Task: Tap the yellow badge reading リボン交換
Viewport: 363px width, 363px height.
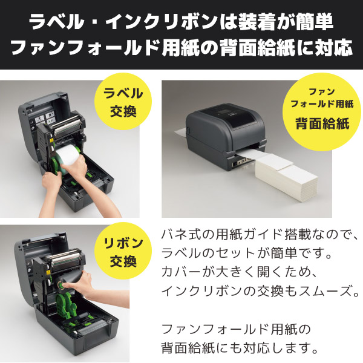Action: click(x=123, y=253)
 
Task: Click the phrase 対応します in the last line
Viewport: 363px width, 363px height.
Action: click(x=279, y=348)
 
